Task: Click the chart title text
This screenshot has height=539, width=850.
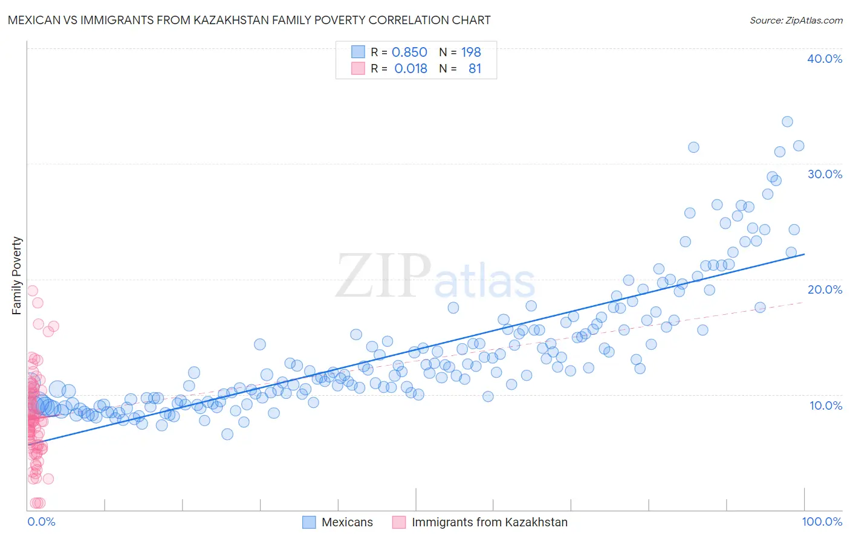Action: [x=248, y=21]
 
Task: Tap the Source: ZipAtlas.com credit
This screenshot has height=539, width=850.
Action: [x=796, y=21]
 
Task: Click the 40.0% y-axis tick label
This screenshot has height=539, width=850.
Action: [x=825, y=59]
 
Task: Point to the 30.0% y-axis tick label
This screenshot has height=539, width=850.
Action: [x=825, y=174]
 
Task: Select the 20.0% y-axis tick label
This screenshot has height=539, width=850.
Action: [x=825, y=289]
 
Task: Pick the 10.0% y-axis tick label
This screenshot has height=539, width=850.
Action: [x=826, y=405]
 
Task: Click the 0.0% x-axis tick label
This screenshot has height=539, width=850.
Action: [x=41, y=522]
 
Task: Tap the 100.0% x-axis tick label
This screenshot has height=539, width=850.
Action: [x=822, y=522]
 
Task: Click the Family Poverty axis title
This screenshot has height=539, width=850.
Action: [x=17, y=276]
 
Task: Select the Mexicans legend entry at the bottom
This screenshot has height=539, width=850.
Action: [x=347, y=523]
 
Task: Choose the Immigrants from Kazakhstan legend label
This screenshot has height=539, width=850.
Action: [x=490, y=523]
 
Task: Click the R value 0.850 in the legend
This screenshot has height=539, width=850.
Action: [x=409, y=53]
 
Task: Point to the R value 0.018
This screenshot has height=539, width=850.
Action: [x=410, y=69]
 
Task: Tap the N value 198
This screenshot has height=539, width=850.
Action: [x=471, y=53]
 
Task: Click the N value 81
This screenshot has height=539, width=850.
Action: [x=475, y=69]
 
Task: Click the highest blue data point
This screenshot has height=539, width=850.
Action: [x=787, y=121]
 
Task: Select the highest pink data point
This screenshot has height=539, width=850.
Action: [x=33, y=291]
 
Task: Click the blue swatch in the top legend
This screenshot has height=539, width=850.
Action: [x=358, y=52]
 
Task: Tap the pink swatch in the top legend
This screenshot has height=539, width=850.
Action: [x=358, y=68]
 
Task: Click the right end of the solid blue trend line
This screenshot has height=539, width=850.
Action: [x=804, y=254]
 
